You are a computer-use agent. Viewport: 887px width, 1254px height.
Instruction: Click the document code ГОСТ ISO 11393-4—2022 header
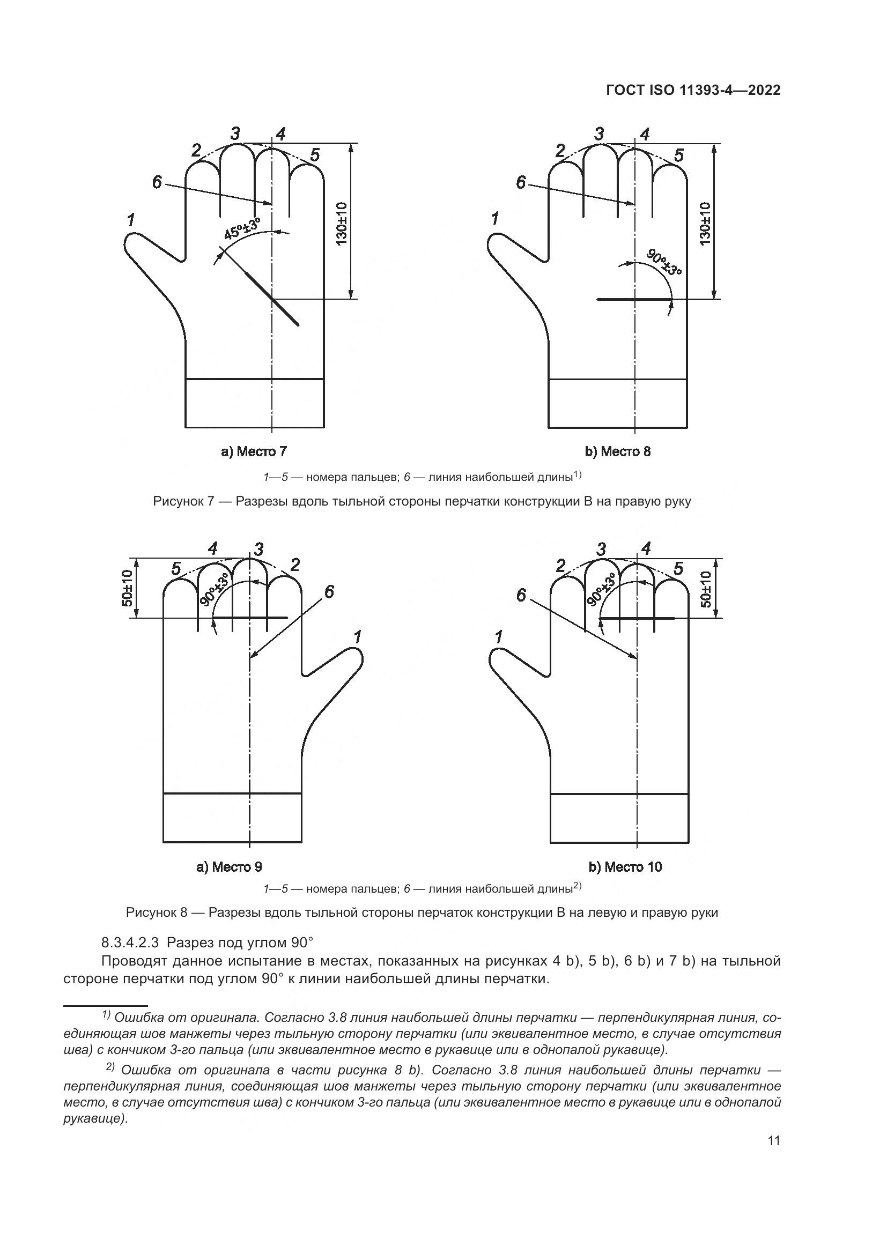(692, 91)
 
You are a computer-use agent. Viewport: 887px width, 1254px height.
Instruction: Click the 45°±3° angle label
(241, 228)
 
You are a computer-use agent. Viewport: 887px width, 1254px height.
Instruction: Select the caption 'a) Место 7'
(254, 451)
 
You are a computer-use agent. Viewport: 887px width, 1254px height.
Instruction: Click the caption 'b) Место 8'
(618, 451)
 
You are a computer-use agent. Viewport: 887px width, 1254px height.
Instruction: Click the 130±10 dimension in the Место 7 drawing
(342, 224)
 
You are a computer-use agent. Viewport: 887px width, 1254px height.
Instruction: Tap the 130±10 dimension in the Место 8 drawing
(705, 224)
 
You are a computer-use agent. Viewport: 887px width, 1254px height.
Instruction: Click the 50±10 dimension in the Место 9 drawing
(127, 588)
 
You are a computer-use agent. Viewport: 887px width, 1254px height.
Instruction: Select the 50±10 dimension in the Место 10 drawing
(706, 589)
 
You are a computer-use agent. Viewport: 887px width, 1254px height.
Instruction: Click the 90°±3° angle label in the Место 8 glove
(663, 263)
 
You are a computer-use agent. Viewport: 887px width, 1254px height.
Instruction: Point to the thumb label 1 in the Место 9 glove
(358, 637)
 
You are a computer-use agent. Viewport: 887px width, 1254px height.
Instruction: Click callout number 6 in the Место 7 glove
(157, 182)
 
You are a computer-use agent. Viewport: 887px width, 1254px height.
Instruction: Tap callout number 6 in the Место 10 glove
(521, 595)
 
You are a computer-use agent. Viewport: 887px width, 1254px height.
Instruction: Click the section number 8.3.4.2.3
(131, 943)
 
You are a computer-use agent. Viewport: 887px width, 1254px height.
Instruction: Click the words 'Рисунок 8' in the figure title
(157, 912)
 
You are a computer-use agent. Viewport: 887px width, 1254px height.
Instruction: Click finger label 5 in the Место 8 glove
(678, 155)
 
